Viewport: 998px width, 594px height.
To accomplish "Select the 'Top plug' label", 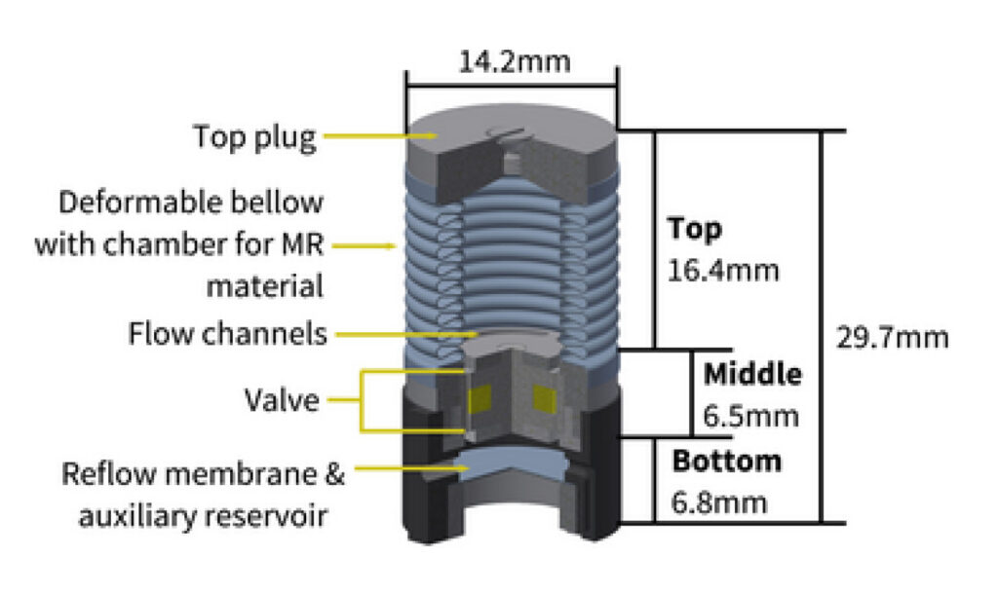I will (x=255, y=136).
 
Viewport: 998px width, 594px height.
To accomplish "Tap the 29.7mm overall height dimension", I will (x=892, y=339).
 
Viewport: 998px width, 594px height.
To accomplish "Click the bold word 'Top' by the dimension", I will (x=695, y=230).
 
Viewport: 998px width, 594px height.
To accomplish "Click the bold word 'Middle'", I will (x=752, y=374).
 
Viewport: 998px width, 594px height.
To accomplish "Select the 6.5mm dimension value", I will (x=750, y=416).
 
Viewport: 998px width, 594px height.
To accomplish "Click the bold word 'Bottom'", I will (x=726, y=460).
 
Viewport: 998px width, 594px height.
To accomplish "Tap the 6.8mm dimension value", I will (x=718, y=502).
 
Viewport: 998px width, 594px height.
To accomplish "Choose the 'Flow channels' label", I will (x=228, y=334).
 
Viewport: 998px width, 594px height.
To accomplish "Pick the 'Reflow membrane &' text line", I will (x=204, y=475).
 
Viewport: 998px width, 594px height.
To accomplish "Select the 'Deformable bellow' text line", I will (x=190, y=203).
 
